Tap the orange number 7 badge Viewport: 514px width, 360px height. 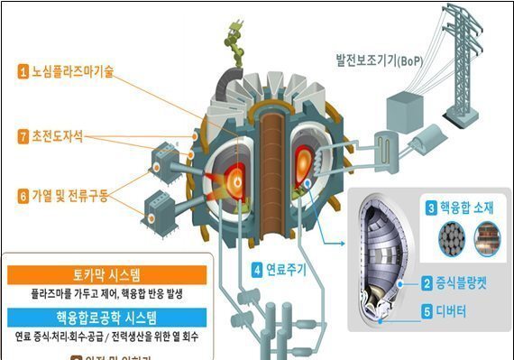point(23,136)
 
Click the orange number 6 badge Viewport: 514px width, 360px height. point(23,194)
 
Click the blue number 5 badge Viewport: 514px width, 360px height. point(427,314)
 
